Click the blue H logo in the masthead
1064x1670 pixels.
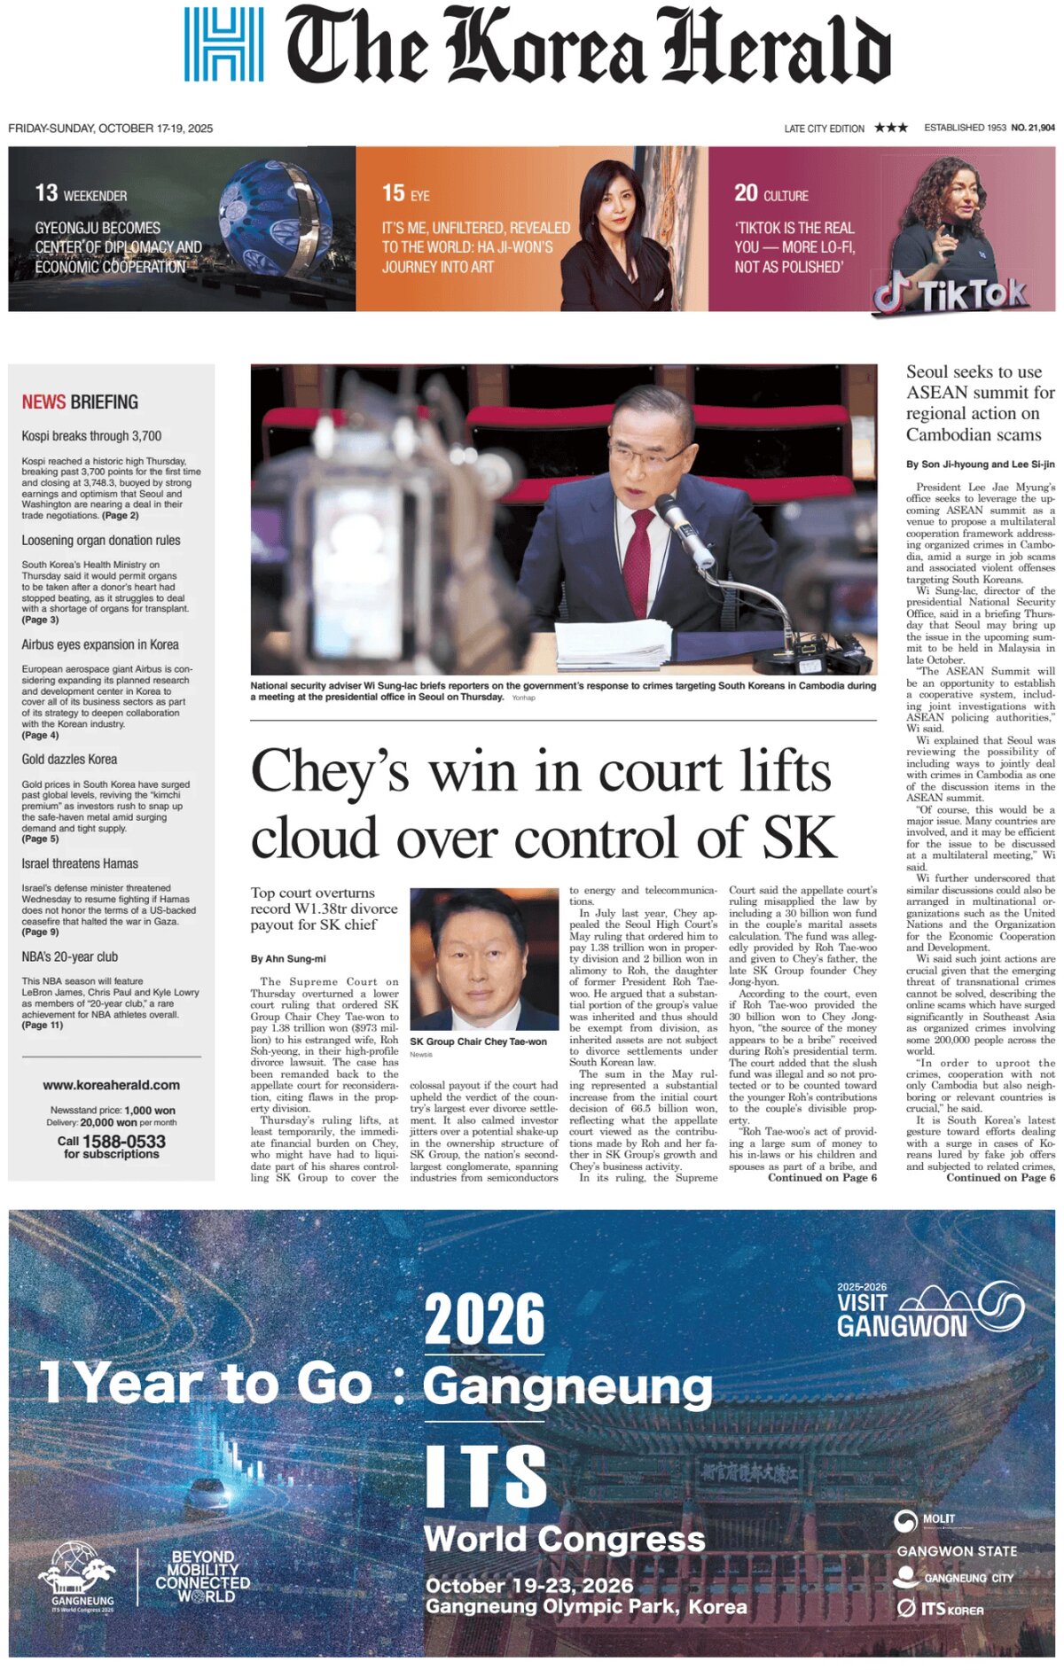pyautogui.click(x=223, y=44)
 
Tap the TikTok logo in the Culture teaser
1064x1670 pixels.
pyautogui.click(x=950, y=293)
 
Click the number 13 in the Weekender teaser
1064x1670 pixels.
pyautogui.click(x=46, y=193)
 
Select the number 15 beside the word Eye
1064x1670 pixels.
pyautogui.click(x=393, y=193)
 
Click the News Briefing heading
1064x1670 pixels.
pyautogui.click(x=80, y=402)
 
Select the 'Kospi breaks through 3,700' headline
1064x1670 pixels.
pyautogui.click(x=91, y=436)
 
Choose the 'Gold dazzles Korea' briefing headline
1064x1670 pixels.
pyautogui.click(x=69, y=760)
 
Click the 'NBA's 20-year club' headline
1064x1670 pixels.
pyautogui.click(x=69, y=957)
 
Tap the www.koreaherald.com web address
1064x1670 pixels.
pyautogui.click(x=111, y=1085)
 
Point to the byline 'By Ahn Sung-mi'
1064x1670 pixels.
pyautogui.click(x=288, y=958)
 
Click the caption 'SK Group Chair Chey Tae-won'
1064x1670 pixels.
pyautogui.click(x=478, y=1042)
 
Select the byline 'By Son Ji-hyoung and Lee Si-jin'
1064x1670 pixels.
pyautogui.click(x=980, y=464)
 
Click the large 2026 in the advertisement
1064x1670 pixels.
pyautogui.click(x=484, y=1320)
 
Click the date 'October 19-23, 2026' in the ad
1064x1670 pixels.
pyautogui.click(x=529, y=1586)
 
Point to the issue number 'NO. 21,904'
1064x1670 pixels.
pyautogui.click(x=1033, y=128)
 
